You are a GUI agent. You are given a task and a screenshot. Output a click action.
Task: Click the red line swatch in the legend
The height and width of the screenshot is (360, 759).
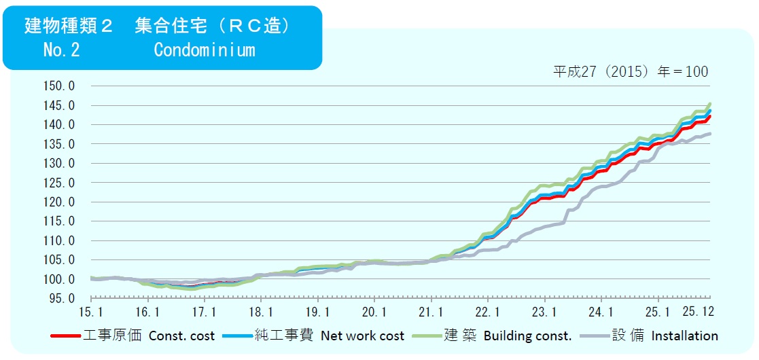pyautogui.click(x=66, y=336)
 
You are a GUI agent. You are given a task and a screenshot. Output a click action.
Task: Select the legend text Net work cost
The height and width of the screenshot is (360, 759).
pyautogui.click(x=362, y=336)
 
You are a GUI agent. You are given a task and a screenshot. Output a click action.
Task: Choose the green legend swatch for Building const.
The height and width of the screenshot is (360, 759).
pyautogui.click(x=427, y=336)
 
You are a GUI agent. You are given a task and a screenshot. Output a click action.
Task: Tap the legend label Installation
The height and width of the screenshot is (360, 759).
pyautogui.click(x=684, y=336)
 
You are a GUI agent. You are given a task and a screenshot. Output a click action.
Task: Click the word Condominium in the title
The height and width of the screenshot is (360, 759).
pyautogui.click(x=204, y=50)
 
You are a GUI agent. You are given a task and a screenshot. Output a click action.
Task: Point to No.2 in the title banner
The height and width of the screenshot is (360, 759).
pyautogui.click(x=61, y=50)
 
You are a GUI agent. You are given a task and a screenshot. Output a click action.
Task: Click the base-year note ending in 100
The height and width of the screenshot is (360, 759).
pyautogui.click(x=631, y=71)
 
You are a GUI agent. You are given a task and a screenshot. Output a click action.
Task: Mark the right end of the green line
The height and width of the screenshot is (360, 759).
pyautogui.click(x=710, y=104)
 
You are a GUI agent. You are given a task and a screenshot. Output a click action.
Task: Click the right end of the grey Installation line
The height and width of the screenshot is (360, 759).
pyautogui.click(x=710, y=134)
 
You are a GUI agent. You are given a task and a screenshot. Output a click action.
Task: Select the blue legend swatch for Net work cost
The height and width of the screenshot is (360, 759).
pyautogui.click(x=238, y=336)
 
